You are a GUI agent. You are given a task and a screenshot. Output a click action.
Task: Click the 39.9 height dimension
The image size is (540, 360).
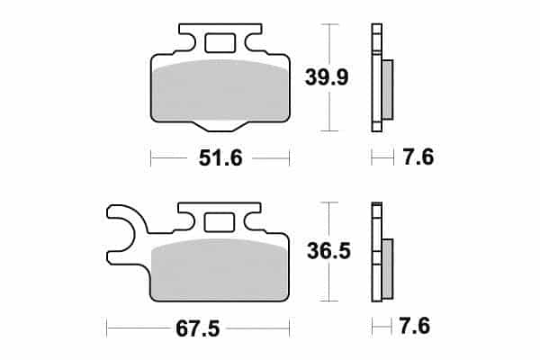click(327, 77)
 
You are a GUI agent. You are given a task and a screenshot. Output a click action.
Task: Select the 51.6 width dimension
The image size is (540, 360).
click(220, 158)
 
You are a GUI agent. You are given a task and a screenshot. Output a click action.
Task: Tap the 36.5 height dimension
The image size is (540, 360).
click(328, 251)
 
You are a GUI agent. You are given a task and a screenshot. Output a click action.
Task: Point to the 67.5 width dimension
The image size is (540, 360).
click(198, 328)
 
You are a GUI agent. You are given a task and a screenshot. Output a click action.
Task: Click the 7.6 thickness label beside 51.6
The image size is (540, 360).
click(418, 157)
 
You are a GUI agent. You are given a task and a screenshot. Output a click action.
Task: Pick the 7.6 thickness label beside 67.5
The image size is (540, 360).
click(415, 326)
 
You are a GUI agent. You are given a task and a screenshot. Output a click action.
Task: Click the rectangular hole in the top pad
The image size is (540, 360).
click(220, 43)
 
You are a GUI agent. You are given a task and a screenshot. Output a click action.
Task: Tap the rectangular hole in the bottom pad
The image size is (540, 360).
click(220, 222)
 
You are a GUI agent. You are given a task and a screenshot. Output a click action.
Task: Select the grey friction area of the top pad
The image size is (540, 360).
click(220, 91)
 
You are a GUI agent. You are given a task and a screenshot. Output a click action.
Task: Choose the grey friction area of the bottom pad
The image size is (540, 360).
click(220, 269)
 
